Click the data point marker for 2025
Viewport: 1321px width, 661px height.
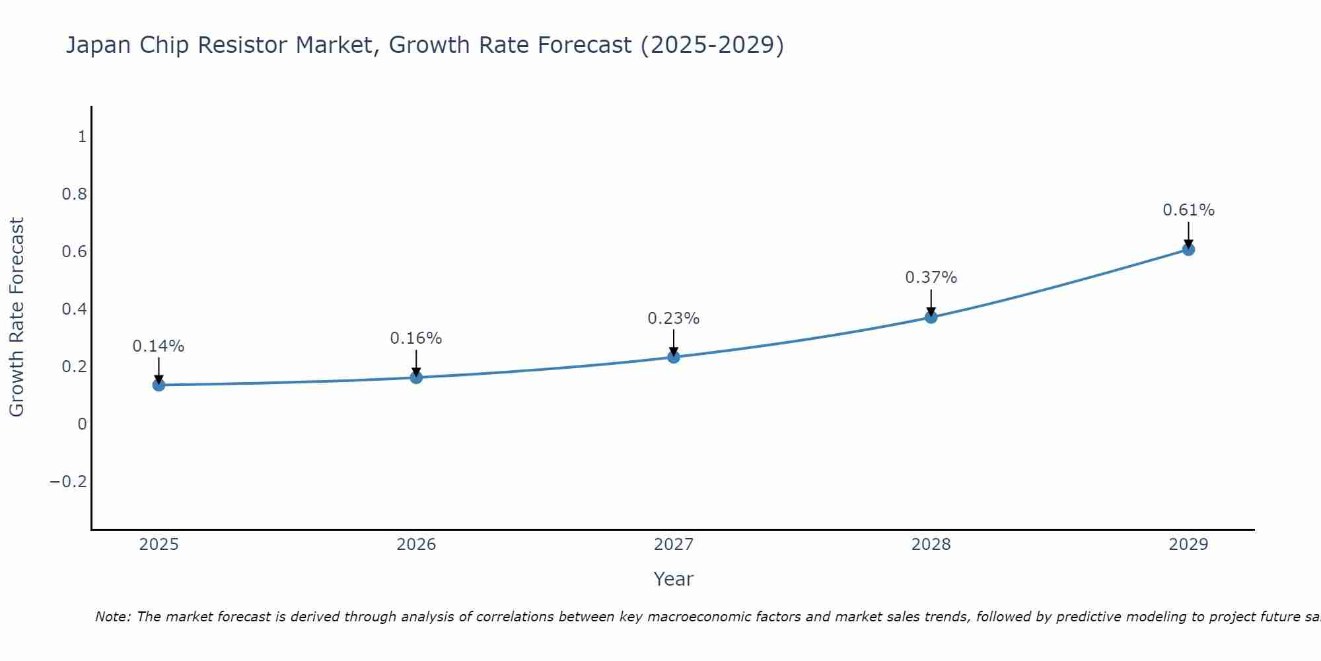[159, 385]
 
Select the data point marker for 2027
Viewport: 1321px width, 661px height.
[674, 357]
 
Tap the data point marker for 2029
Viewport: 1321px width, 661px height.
[1188, 249]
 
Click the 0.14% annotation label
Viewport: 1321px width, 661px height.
[159, 346]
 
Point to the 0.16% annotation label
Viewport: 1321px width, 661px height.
[416, 338]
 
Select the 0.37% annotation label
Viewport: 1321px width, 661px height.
[931, 278]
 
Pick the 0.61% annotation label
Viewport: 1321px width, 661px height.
[1188, 210]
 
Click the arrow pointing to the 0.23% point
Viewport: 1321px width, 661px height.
[674, 342]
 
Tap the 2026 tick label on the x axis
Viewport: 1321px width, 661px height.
[416, 545]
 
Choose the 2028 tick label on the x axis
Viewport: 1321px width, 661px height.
[931, 545]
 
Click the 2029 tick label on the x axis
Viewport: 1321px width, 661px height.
[1188, 545]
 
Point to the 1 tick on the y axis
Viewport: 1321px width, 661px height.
[82, 137]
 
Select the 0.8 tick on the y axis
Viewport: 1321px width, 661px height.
[74, 194]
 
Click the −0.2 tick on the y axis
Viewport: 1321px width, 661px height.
[68, 481]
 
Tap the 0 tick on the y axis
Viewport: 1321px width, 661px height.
[82, 424]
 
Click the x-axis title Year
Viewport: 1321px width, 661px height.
[673, 579]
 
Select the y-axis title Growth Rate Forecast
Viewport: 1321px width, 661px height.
[17, 317]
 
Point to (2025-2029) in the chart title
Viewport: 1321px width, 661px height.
[712, 45]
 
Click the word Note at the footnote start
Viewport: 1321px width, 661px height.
[113, 617]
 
